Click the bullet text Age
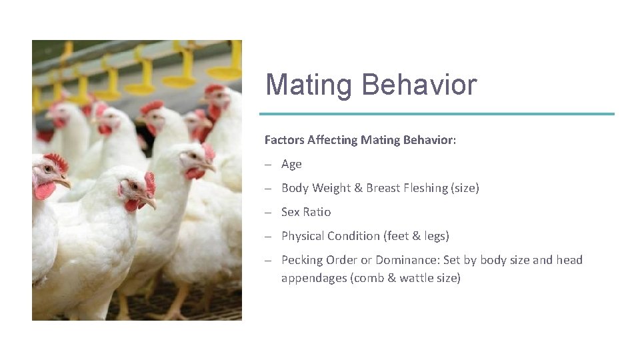[x=291, y=164]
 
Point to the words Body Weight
[x=315, y=188]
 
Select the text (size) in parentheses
[x=465, y=188]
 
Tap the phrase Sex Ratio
[x=306, y=212]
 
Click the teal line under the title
[x=439, y=114]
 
